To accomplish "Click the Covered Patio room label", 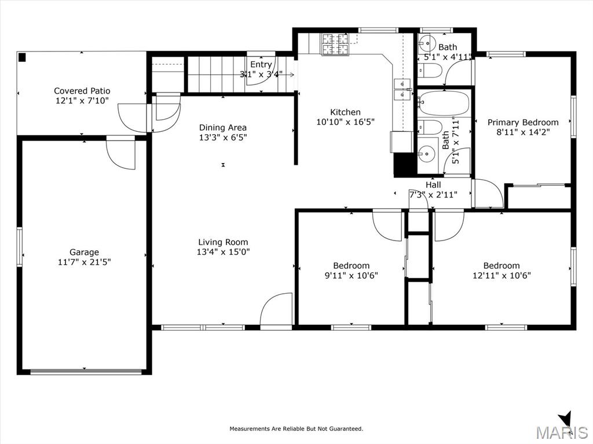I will tap(82, 91).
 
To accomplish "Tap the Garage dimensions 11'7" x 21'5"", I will tap(85, 262).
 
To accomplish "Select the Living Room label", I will tap(223, 242).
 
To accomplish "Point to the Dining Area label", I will tap(223, 128).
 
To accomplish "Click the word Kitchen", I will tap(345, 112).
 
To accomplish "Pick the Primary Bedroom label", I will tap(523, 122).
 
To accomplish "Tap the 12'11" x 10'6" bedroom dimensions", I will tap(502, 276).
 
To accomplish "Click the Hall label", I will tap(433, 185).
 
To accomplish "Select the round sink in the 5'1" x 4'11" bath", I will tap(427, 42).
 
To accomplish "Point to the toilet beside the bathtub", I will tap(430, 127).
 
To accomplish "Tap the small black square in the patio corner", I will tap(22, 57).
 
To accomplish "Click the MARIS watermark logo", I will tap(561, 430).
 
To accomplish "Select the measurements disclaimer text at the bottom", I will tap(296, 428).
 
